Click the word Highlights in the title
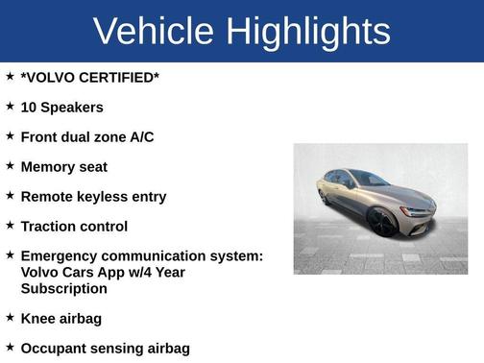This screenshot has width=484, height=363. [x=308, y=31]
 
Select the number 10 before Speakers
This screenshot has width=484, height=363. [x=28, y=108]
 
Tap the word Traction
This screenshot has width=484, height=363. [x=50, y=227]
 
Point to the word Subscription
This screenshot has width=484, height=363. [x=64, y=288]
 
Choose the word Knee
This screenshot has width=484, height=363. [x=38, y=318]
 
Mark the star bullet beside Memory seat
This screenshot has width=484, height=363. [x=10, y=165]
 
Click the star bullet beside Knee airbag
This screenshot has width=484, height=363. [x=10, y=316]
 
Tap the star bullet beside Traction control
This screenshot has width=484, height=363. [x=10, y=225]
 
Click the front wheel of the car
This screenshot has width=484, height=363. [x=381, y=222]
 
